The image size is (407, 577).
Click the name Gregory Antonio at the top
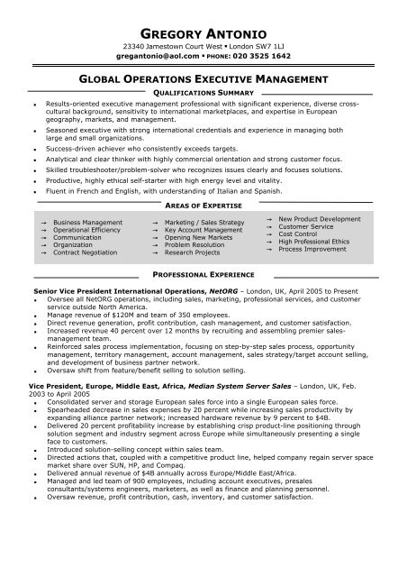[203, 30]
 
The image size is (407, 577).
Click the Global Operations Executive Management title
[203, 80]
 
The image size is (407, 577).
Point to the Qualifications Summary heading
[203, 93]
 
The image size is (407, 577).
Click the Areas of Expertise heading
[203, 206]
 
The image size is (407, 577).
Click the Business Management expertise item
[87, 221]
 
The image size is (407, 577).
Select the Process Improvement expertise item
[314, 248]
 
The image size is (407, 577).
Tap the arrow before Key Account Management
[155, 230]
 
